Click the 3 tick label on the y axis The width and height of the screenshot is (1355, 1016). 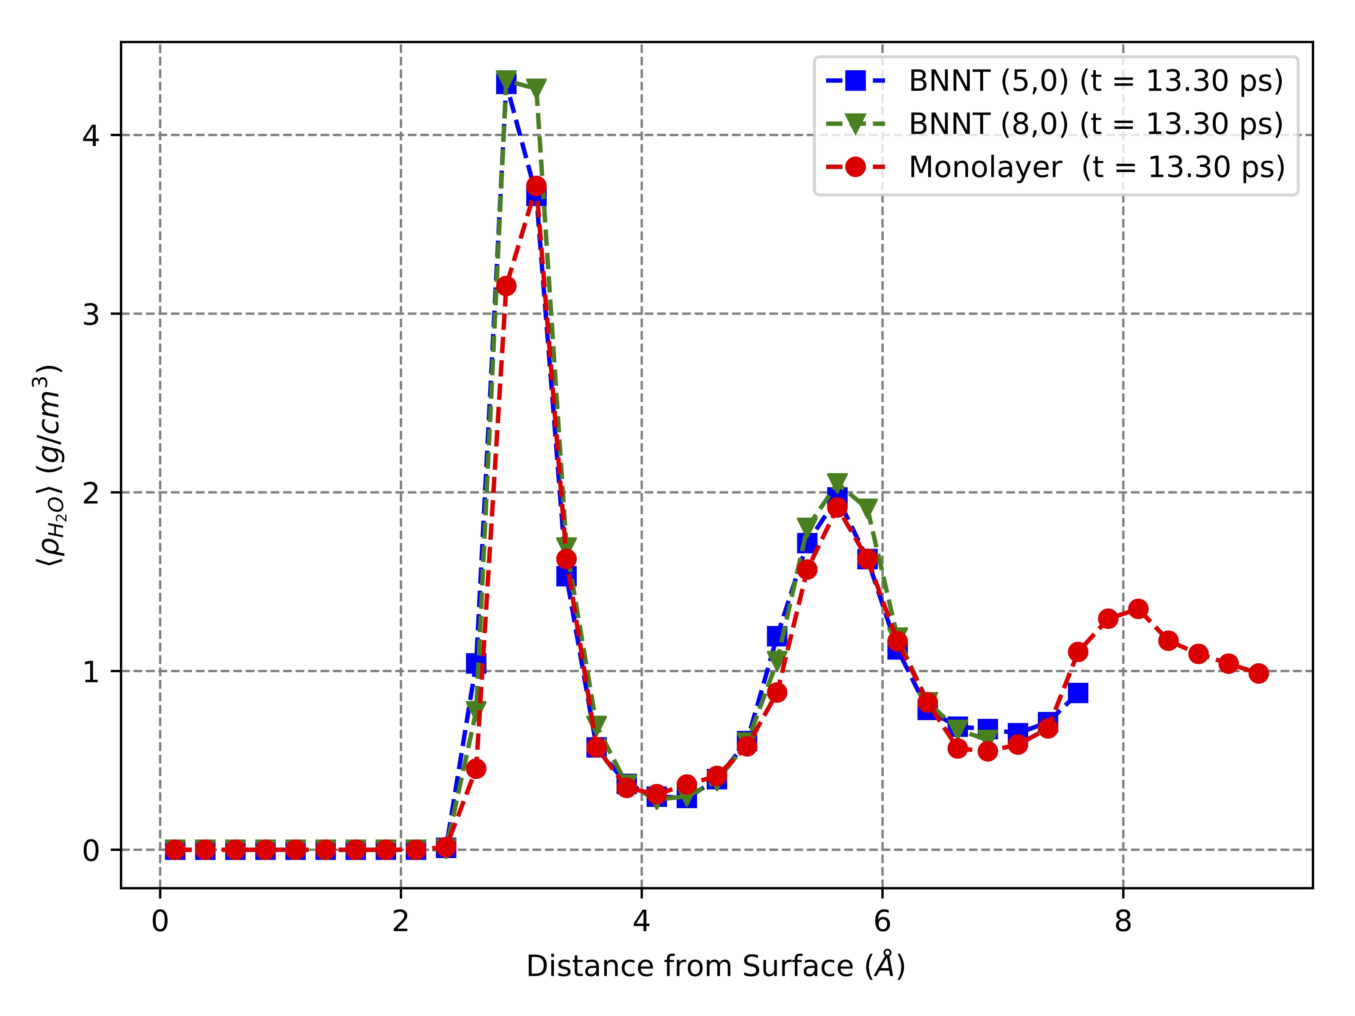91,314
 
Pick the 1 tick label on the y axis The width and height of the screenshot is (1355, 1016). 91,672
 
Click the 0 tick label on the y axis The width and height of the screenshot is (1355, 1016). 91,850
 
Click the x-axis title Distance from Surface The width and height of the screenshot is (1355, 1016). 716,967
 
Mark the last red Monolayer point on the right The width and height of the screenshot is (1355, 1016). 1258,673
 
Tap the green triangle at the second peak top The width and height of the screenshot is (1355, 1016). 838,481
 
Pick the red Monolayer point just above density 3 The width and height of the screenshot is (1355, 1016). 505,286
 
